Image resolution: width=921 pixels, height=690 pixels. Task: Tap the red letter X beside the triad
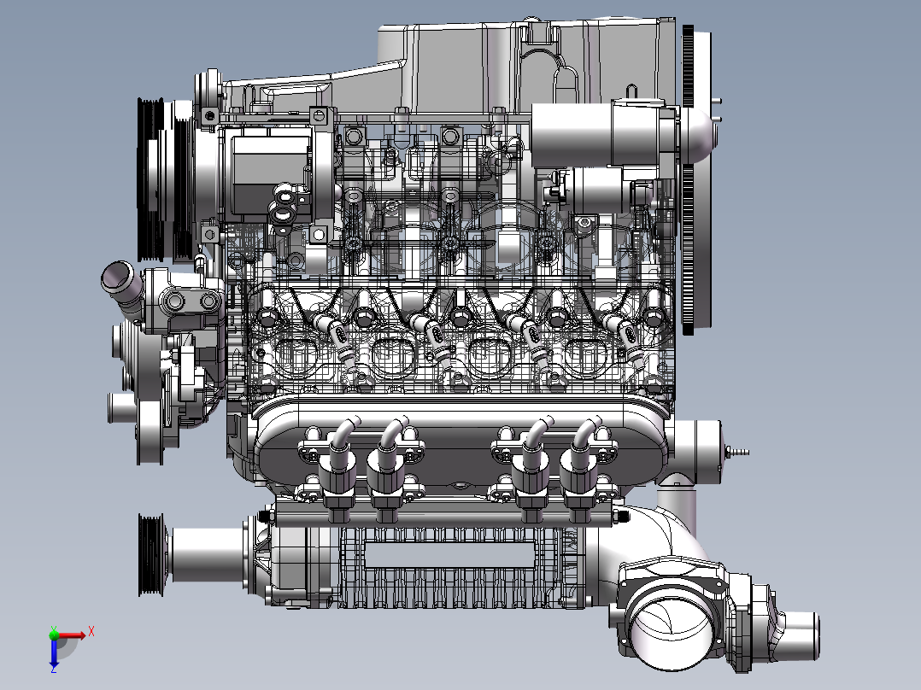91,632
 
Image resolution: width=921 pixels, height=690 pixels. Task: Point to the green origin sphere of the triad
54,634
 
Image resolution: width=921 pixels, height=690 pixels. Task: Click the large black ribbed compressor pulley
151,179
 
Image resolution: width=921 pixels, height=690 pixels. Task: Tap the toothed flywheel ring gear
689,179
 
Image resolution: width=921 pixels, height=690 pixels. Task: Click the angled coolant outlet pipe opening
116,276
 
